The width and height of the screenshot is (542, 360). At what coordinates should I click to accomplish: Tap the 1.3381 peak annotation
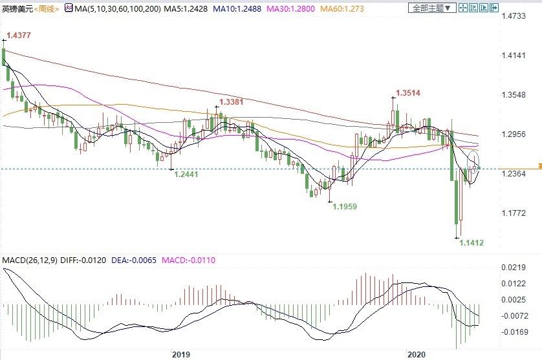point(231,101)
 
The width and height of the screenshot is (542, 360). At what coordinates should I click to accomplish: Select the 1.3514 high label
point(407,93)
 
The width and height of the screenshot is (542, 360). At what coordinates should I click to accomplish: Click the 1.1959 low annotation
point(345,206)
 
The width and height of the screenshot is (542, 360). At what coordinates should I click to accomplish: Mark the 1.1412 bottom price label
point(472,242)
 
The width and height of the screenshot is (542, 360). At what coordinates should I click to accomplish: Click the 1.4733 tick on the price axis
point(514,17)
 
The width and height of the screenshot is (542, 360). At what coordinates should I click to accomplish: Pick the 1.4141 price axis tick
point(514,57)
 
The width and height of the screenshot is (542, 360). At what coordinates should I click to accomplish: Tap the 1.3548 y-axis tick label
point(514,96)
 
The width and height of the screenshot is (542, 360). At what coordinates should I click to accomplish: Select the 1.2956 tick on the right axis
point(514,135)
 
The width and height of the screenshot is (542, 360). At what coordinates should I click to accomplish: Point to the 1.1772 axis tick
point(514,213)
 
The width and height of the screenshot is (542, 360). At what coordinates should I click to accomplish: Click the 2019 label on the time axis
point(181,354)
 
